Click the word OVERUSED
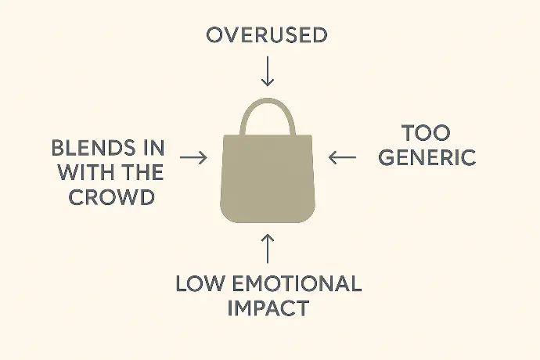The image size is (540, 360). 267,35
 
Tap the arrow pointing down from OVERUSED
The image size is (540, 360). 268,71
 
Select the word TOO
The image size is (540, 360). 426,133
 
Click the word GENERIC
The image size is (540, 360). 427,157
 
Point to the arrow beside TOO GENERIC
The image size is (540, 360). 342,157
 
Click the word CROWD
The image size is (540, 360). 112,197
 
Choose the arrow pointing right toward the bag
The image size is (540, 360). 193,157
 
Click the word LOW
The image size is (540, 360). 200,284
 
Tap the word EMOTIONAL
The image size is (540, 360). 297,284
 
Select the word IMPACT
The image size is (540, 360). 268,308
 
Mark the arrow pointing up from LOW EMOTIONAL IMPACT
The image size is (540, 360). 268,249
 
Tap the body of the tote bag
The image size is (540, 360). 268,178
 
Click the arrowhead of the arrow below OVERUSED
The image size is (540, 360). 268,83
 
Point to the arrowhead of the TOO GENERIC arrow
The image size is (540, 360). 332,157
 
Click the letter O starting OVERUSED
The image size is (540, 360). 215,35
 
